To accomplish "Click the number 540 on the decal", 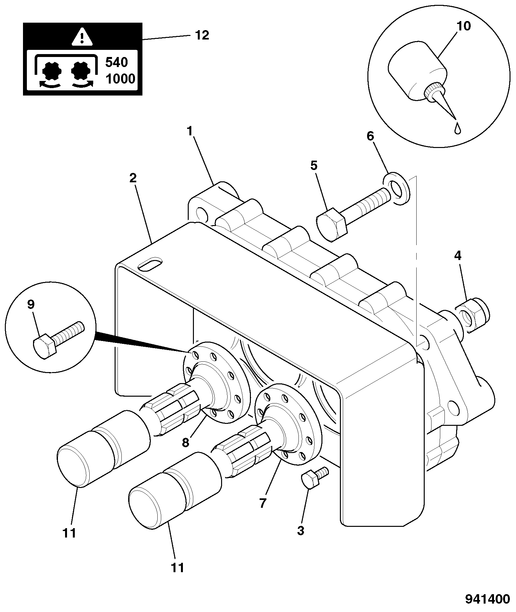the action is click(117, 62).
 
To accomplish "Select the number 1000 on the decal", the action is click(120, 79).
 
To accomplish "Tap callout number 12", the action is click(202, 35).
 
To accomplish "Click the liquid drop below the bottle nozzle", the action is click(458, 128).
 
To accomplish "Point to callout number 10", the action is click(464, 26).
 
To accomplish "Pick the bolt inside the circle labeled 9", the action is click(58, 339).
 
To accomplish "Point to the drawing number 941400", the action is click(488, 599).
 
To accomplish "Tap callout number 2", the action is click(133, 178).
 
